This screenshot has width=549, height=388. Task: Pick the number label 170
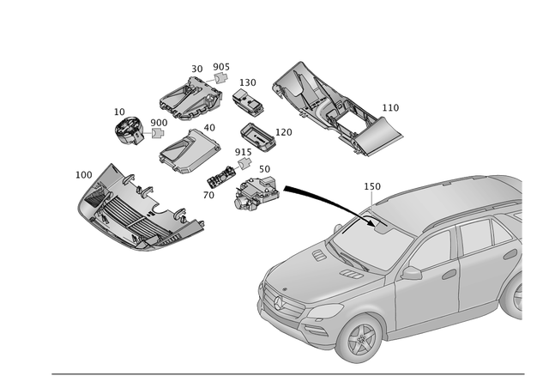[x=284, y=132]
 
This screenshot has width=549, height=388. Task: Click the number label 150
[x=248, y=82]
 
